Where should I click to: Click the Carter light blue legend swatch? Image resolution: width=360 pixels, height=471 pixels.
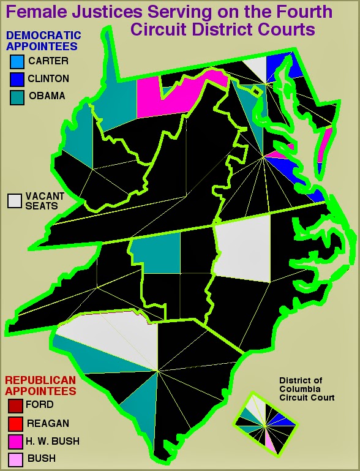tap(17, 61)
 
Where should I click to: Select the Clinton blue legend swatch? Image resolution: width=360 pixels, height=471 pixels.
tap(17, 79)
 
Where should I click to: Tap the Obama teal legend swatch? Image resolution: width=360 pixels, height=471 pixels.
tap(17, 97)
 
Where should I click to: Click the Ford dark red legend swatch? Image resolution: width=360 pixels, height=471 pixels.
tap(15, 405)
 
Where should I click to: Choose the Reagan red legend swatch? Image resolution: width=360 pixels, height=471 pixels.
tap(15, 423)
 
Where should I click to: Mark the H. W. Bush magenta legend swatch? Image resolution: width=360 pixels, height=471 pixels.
tap(15, 441)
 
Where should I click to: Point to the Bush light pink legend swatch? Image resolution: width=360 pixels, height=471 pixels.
tap(15, 459)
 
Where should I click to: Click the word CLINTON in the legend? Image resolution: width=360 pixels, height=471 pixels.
tap(48, 79)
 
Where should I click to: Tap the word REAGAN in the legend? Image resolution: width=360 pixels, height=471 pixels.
tap(47, 423)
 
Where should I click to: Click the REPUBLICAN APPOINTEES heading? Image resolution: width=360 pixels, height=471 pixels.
tap(40, 385)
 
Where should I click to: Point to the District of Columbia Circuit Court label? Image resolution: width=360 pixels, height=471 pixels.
tap(307, 389)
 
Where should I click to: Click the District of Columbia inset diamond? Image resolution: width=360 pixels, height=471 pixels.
tap(266, 423)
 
